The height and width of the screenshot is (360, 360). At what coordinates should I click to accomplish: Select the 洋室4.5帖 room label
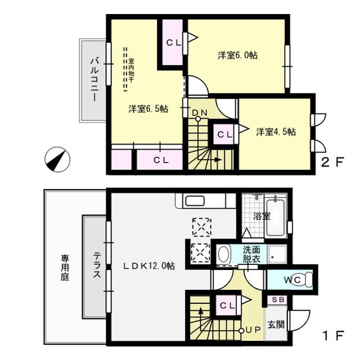pos(276,132)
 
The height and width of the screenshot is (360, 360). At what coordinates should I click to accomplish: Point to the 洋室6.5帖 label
pos(148,109)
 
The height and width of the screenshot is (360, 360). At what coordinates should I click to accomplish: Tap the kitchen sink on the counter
pos(196,201)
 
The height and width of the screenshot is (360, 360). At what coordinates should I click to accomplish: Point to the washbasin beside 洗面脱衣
pos(224,254)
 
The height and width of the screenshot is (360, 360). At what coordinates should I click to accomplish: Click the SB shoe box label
pos(278,299)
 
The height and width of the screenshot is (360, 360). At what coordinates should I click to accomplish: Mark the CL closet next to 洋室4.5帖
pos(224,134)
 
